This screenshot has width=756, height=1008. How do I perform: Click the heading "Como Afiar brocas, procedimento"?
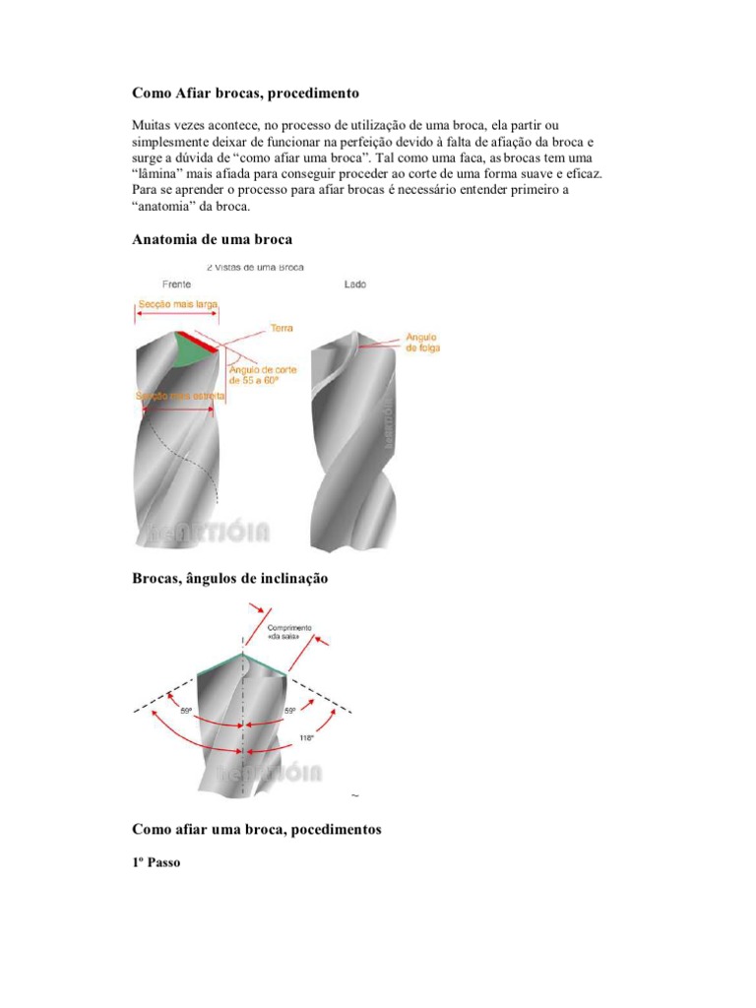pyautogui.click(x=246, y=94)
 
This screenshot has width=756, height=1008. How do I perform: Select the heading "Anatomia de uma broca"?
pyautogui.click(x=212, y=239)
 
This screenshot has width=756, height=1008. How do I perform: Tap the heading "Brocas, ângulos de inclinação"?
pyautogui.click(x=229, y=579)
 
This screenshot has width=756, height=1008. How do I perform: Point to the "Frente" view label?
pyautogui.click(x=176, y=283)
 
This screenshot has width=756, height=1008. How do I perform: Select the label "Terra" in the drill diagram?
pyautogui.click(x=269, y=328)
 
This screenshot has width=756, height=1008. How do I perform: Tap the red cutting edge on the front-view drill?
pyautogui.click(x=199, y=343)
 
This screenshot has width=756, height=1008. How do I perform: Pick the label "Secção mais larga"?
pyautogui.click(x=177, y=306)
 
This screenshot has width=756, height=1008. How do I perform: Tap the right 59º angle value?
pyautogui.click(x=289, y=710)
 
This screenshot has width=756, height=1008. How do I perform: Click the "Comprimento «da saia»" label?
pyautogui.click(x=288, y=631)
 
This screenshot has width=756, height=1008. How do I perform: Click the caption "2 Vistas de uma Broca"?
pyautogui.click(x=255, y=267)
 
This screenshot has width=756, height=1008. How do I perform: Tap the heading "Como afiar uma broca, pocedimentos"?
pyautogui.click(x=256, y=830)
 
